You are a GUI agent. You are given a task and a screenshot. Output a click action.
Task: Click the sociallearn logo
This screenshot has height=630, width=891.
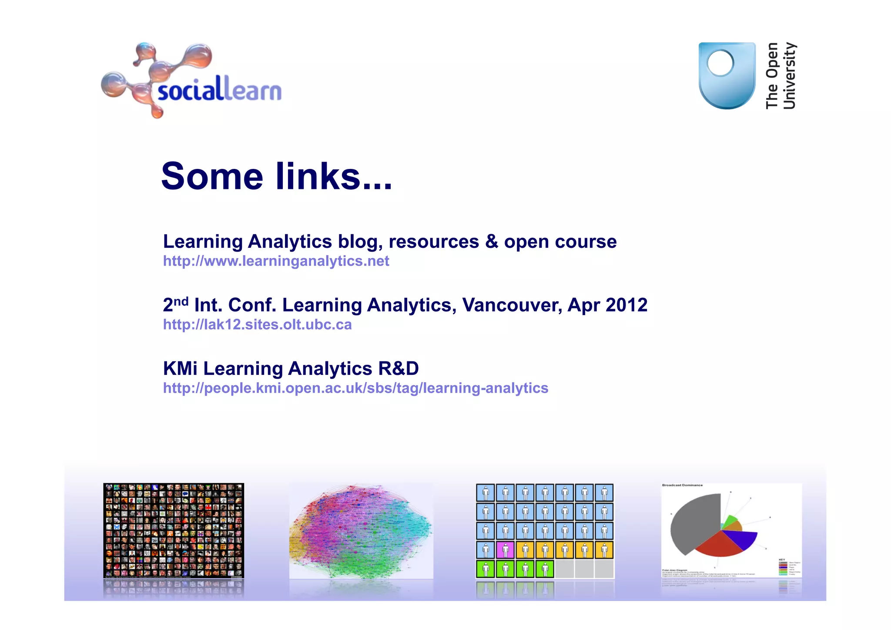tap(191, 81)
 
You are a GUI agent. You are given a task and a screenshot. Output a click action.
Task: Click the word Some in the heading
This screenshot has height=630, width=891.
tap(212, 176)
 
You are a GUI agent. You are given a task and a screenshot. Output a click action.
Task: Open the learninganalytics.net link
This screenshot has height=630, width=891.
tap(276, 261)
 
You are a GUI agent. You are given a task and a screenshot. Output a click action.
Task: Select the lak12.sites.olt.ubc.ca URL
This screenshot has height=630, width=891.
tap(257, 325)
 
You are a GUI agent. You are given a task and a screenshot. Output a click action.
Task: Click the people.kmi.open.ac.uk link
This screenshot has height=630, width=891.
tap(355, 388)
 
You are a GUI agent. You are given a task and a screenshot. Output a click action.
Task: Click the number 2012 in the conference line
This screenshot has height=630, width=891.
tap(626, 305)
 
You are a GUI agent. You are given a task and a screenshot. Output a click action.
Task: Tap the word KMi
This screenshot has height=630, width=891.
tap(180, 369)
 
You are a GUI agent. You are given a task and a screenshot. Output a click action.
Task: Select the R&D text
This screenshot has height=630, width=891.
tap(399, 369)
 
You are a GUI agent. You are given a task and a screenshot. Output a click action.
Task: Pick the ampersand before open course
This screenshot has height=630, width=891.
tap(492, 242)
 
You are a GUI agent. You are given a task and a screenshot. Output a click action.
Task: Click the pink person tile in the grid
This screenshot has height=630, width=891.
tap(505, 550)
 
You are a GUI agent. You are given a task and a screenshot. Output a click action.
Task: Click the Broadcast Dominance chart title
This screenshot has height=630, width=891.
tap(682, 485)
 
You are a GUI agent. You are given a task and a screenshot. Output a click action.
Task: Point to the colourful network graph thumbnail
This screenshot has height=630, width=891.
tap(361, 531)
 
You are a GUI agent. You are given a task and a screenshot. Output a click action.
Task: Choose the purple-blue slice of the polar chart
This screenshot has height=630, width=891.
tap(742, 539)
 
